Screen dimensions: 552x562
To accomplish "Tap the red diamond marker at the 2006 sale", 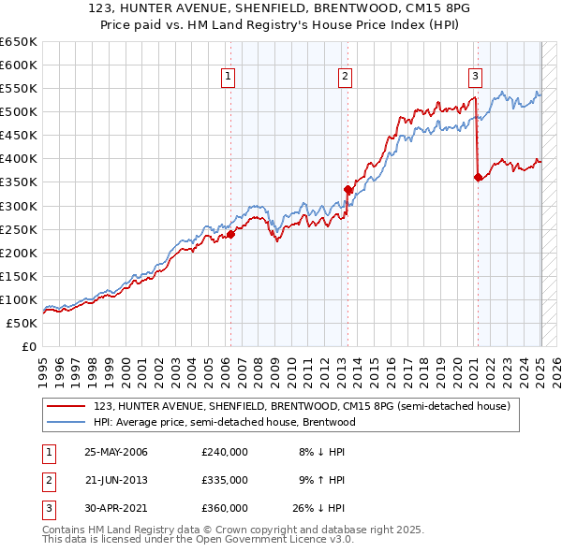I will coord(230,234).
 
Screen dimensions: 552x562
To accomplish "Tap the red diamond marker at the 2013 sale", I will coord(348,189).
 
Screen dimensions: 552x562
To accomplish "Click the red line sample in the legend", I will coord(66,406).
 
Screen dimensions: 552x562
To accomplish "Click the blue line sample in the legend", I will coord(66,422).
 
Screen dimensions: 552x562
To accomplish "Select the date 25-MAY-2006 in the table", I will coord(116,452).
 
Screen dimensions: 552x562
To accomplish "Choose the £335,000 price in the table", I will coord(225,480).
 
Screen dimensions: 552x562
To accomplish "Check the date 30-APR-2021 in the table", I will coord(116,508).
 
